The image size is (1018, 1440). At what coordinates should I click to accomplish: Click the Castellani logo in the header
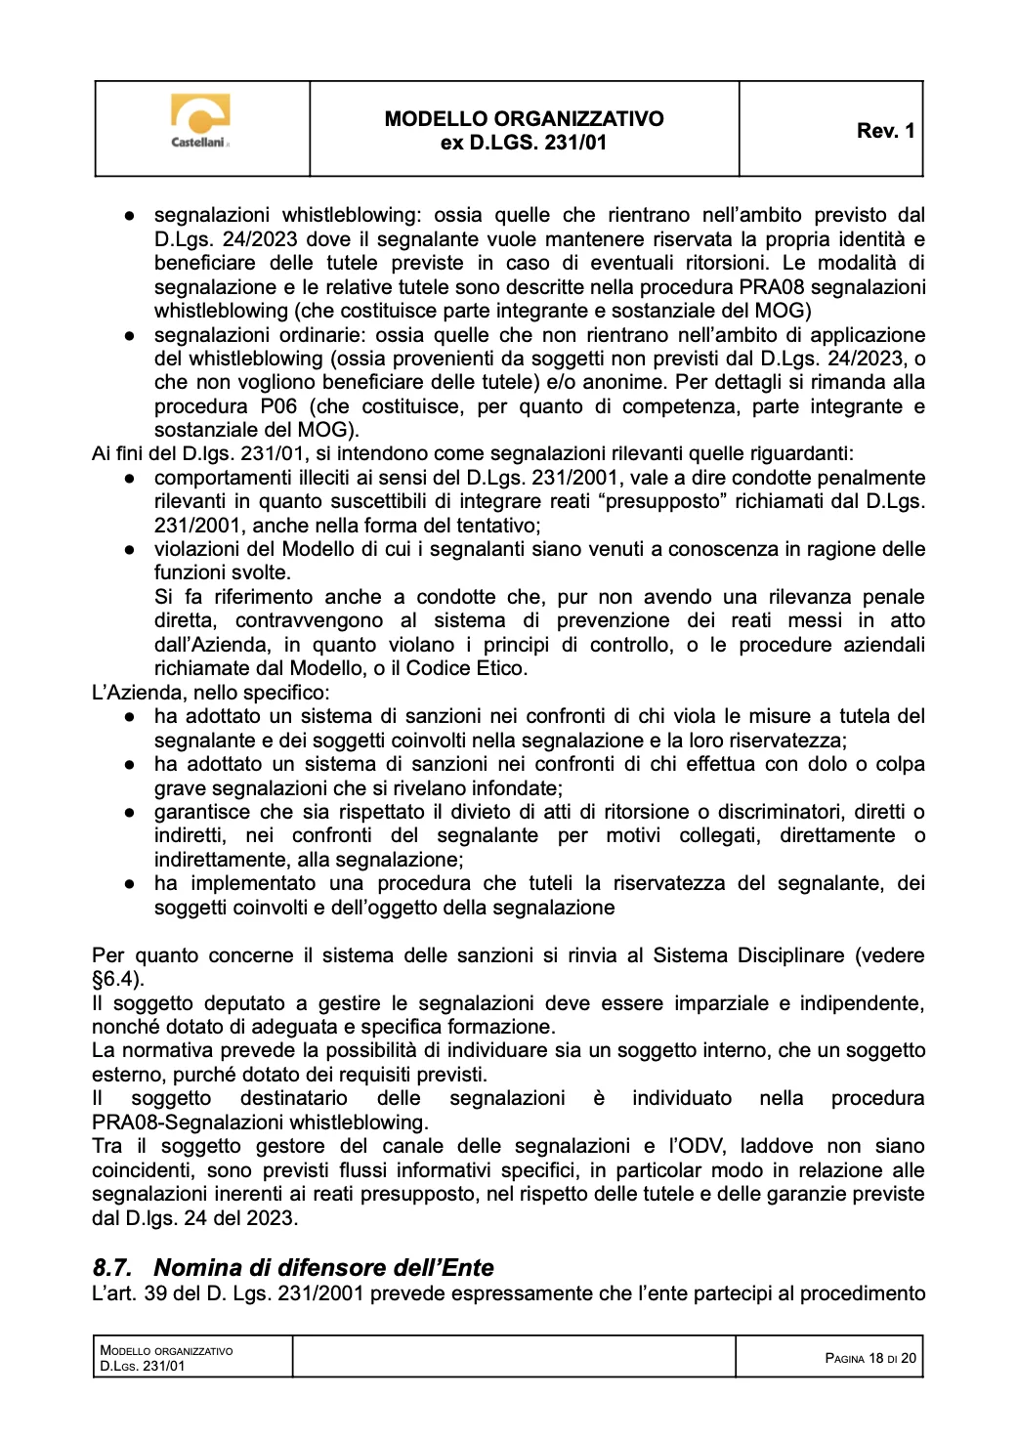click(x=200, y=121)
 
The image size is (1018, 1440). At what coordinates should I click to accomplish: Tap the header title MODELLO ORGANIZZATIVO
click(x=524, y=119)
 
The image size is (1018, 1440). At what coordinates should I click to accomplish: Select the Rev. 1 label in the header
click(x=885, y=131)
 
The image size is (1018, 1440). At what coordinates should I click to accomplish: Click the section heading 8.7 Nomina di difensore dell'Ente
click(x=293, y=1267)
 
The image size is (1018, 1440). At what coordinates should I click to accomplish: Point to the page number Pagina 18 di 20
click(x=870, y=1358)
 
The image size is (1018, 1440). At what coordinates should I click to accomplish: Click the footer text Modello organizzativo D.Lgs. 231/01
click(x=166, y=1358)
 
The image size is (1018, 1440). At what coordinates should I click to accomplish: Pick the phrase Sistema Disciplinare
click(x=748, y=955)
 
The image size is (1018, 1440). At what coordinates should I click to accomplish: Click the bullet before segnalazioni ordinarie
click(x=129, y=335)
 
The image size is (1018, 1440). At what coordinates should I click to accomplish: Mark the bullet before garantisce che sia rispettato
click(x=129, y=812)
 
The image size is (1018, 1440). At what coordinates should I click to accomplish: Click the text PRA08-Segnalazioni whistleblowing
click(x=260, y=1122)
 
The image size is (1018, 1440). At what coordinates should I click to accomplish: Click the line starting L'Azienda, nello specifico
click(x=210, y=693)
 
